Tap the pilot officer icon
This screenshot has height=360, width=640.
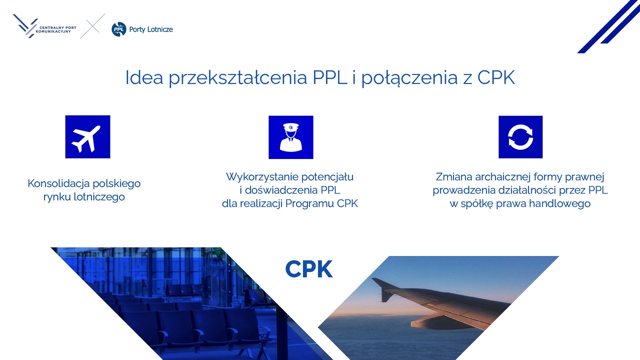(x=291, y=137)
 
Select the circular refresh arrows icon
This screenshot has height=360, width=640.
(x=521, y=137)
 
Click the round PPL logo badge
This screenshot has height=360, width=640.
(x=119, y=29)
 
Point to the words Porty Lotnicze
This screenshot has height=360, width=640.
(x=151, y=29)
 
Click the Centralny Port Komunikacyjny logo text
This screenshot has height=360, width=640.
(x=56, y=29)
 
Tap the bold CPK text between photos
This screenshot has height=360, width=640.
(x=309, y=269)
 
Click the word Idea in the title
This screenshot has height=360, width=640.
(x=144, y=77)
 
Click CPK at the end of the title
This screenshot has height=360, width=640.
(x=496, y=77)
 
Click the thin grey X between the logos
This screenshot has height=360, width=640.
(x=93, y=26)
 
